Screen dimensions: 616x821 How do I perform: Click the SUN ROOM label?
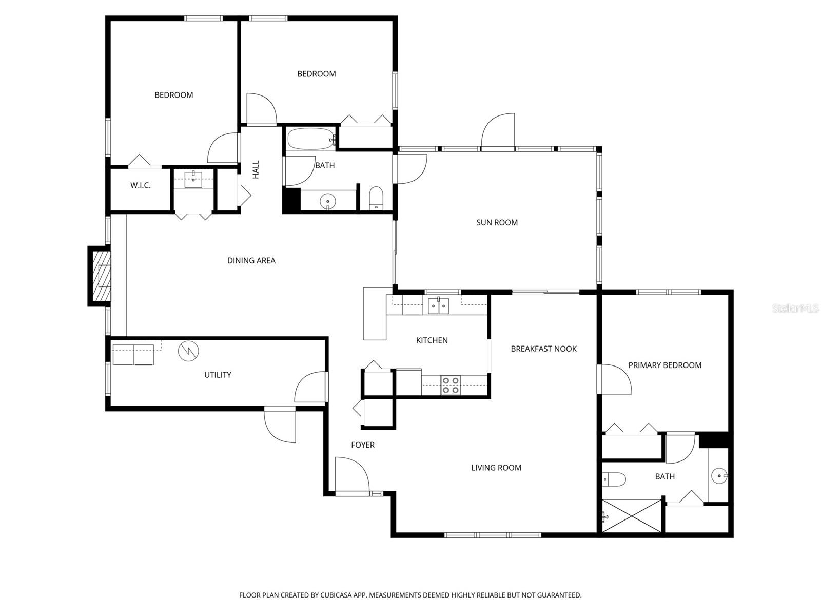pos(497,222)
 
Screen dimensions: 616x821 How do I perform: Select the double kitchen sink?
pos(438,306)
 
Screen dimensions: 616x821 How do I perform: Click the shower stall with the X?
pos(632,515)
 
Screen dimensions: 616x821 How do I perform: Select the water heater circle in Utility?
pos(188,351)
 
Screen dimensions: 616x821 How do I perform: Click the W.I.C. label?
pos(140,186)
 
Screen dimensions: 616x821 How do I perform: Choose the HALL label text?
pos(256,169)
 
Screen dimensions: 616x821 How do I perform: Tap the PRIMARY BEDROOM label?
pos(664,365)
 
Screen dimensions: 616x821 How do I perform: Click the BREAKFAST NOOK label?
pos(543,349)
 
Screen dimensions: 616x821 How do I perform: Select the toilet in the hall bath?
pos(376,199)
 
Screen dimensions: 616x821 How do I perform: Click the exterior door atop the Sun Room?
pos(498,131)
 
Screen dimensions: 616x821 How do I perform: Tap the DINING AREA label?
pos(251,260)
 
